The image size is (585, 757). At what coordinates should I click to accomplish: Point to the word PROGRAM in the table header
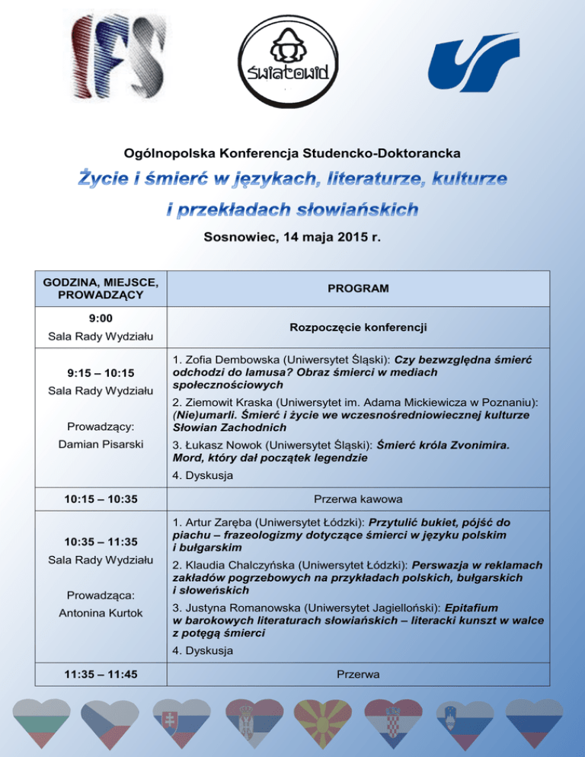(x=357, y=289)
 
